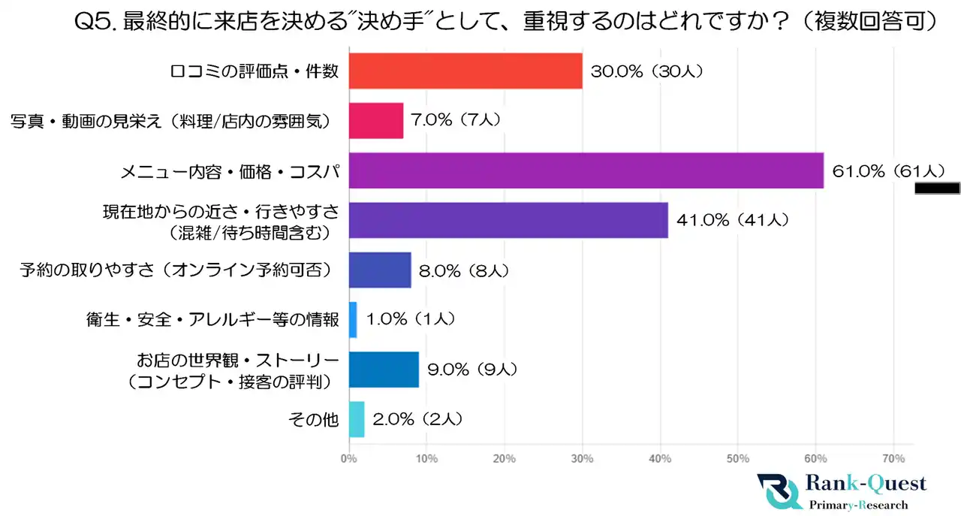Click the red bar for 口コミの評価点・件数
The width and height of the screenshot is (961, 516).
(x=465, y=71)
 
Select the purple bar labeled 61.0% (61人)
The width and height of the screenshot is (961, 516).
(x=586, y=170)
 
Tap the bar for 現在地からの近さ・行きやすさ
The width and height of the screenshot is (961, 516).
(x=508, y=220)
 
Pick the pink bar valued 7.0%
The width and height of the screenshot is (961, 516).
(x=376, y=121)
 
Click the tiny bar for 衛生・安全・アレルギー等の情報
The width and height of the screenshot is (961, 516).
(x=353, y=320)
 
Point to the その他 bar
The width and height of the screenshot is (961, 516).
(x=357, y=419)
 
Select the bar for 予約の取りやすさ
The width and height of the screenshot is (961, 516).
(x=380, y=270)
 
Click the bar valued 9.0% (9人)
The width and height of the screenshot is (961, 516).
(x=384, y=370)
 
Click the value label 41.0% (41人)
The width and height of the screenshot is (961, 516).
(x=731, y=220)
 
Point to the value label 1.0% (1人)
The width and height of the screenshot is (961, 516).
(x=411, y=320)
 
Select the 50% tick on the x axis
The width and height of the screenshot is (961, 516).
(x=738, y=459)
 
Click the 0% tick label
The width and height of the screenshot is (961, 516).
(x=349, y=459)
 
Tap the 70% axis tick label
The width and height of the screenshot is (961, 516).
(x=893, y=459)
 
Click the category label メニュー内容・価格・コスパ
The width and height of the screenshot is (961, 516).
(x=230, y=171)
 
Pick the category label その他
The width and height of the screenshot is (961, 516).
(x=314, y=419)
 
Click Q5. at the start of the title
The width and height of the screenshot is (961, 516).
(x=95, y=22)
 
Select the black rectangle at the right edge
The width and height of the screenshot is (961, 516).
(x=937, y=188)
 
